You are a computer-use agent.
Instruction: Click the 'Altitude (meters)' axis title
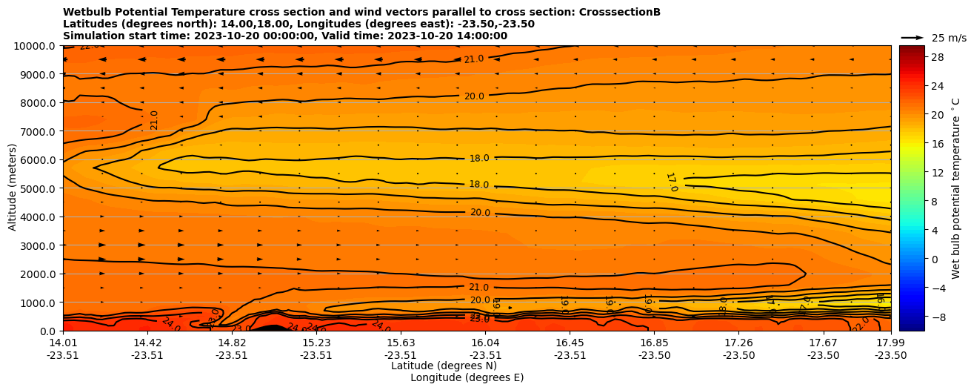point(13,188)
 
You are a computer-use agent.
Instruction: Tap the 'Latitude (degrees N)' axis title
point(444,366)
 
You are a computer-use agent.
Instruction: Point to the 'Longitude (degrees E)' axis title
point(467,377)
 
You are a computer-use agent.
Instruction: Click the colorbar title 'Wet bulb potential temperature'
point(956,188)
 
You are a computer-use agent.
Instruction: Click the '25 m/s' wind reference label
point(949,38)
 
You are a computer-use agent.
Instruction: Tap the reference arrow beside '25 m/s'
point(912,37)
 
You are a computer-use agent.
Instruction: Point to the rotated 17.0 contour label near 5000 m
point(671,182)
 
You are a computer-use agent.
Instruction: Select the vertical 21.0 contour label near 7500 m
point(154,120)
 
